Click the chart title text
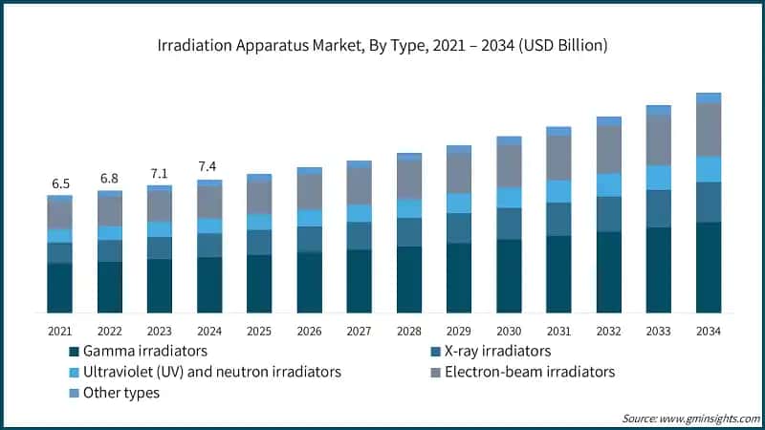pos(382,45)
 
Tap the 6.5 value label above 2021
pos(59,183)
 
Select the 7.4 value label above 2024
pos(209,166)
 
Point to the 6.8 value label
pos(109,178)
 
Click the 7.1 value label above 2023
pos(159,173)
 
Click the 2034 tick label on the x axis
pos(708,331)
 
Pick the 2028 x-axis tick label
pos(408,331)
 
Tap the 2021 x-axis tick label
pos(59,331)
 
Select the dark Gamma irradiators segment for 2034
pos(708,268)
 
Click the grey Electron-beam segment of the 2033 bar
pos(658,140)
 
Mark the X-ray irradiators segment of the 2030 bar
pos(509,223)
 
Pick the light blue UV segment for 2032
pos(608,184)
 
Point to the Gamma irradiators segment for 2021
pos(59,288)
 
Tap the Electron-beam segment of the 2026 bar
pos(309,192)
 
